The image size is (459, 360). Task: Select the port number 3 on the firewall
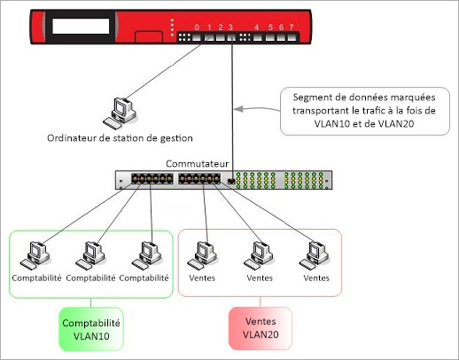click(x=230, y=27)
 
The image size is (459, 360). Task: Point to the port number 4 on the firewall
click(x=257, y=27)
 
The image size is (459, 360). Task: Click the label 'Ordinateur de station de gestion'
click(x=121, y=138)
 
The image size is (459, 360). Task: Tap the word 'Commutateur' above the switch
click(x=198, y=164)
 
